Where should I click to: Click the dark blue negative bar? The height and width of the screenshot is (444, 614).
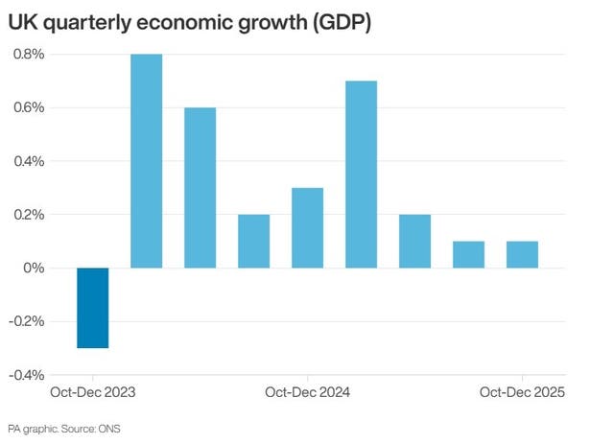93,307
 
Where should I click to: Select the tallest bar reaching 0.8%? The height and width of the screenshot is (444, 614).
147,161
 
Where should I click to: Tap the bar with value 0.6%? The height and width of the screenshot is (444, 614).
201,188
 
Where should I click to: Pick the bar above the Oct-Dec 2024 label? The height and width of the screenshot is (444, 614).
308,228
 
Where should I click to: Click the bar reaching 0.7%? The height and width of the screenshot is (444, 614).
362,175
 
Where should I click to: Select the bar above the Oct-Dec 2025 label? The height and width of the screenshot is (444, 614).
523,255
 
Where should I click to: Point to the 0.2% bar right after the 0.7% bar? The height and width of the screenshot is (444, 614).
415,242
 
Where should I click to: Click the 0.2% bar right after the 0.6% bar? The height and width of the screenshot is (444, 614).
254,242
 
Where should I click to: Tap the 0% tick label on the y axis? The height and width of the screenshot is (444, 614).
34,269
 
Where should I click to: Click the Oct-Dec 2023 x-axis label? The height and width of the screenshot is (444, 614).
93,392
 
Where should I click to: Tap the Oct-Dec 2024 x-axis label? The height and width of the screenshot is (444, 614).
308,392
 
